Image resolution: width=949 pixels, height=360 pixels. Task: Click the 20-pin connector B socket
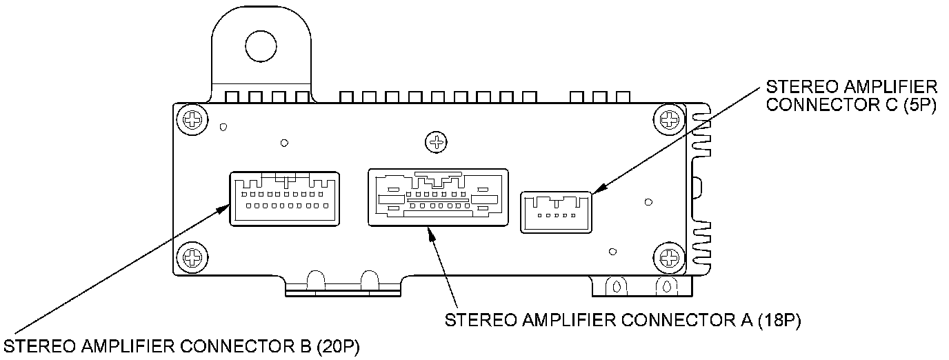click(x=284, y=198)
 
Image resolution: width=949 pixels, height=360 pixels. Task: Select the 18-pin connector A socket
click(x=439, y=197)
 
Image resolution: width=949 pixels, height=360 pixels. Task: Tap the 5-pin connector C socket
click(x=556, y=212)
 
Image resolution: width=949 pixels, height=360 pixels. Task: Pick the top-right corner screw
click(x=668, y=120)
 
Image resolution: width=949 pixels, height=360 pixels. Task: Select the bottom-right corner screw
click(x=668, y=259)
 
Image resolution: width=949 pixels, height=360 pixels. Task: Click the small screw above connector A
click(x=435, y=143)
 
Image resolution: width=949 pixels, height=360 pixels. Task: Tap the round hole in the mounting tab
click(x=260, y=46)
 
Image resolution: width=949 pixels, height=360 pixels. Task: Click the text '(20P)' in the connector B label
click(x=339, y=345)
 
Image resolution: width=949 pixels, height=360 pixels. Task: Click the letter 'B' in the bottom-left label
click(x=303, y=345)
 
